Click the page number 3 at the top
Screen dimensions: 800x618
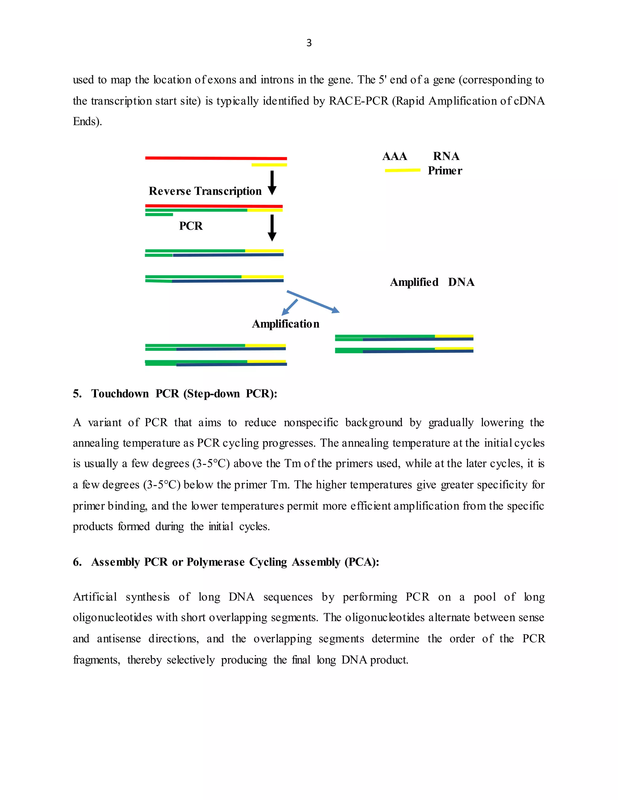tap(309, 43)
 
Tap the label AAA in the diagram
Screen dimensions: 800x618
tap(394, 156)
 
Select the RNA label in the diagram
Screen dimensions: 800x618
tap(446, 156)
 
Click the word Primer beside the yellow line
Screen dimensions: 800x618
tap(445, 171)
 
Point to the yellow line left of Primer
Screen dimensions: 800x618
tap(402, 170)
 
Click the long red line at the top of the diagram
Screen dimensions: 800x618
tap(216, 158)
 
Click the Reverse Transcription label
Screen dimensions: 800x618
tap(205, 191)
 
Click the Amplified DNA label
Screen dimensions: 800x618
tap(432, 282)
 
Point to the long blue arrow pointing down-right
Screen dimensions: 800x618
tap(313, 302)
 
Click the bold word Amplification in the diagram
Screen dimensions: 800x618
tap(285, 324)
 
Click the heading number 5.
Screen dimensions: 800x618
tap(77, 394)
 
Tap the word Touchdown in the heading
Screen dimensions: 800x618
tap(120, 394)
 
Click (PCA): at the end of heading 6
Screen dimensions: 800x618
tap(361, 562)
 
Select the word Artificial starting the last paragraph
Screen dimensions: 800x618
tap(95, 597)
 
